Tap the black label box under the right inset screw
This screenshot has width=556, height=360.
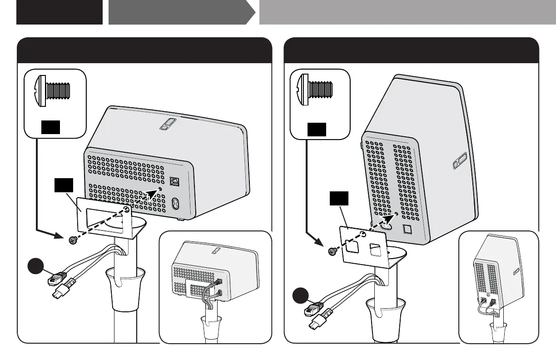click(x=317, y=130)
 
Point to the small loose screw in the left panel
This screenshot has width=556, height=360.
click(x=71, y=240)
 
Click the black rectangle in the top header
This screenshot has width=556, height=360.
click(x=59, y=12)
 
